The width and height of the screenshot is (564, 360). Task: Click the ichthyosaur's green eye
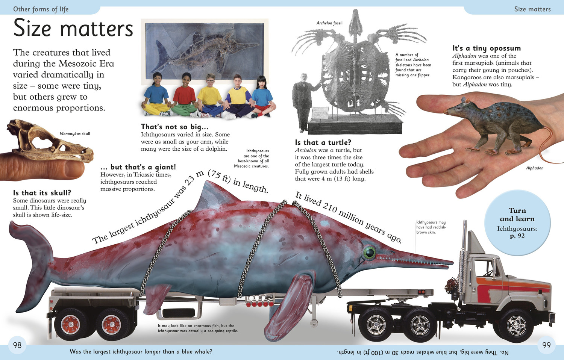click(x=369, y=253)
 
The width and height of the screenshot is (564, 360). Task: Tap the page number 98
click(x=17, y=345)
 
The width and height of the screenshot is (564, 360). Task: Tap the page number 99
click(x=546, y=345)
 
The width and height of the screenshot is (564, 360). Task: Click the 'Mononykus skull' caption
click(x=75, y=133)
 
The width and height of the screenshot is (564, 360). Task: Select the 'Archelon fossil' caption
click(x=329, y=23)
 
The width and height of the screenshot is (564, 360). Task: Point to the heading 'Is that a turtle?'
click(x=323, y=142)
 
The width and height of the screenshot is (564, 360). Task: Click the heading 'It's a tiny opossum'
click(x=487, y=48)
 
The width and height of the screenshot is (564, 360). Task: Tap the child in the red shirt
click(x=185, y=95)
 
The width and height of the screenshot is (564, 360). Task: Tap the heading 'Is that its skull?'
click(x=42, y=193)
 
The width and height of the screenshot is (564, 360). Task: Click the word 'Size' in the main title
click(x=32, y=28)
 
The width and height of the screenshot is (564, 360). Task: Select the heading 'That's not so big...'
click(x=174, y=126)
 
